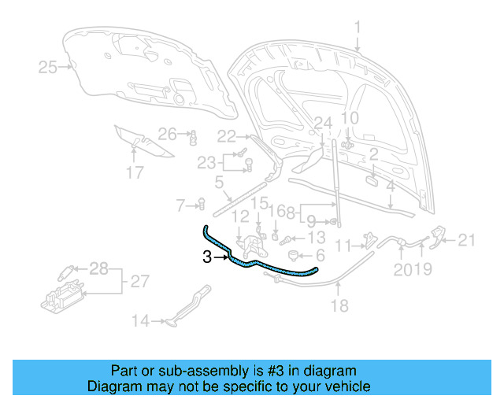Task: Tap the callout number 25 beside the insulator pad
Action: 48,68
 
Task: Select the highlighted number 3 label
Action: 207,257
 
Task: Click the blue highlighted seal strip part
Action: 260,267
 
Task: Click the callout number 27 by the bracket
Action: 139,281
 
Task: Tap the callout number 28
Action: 98,270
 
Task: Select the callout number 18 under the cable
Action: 339,306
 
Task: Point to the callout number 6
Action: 320,257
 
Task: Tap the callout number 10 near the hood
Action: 349,119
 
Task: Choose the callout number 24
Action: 324,123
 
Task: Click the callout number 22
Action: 227,136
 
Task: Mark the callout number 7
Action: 180,205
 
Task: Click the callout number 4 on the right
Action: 390,187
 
